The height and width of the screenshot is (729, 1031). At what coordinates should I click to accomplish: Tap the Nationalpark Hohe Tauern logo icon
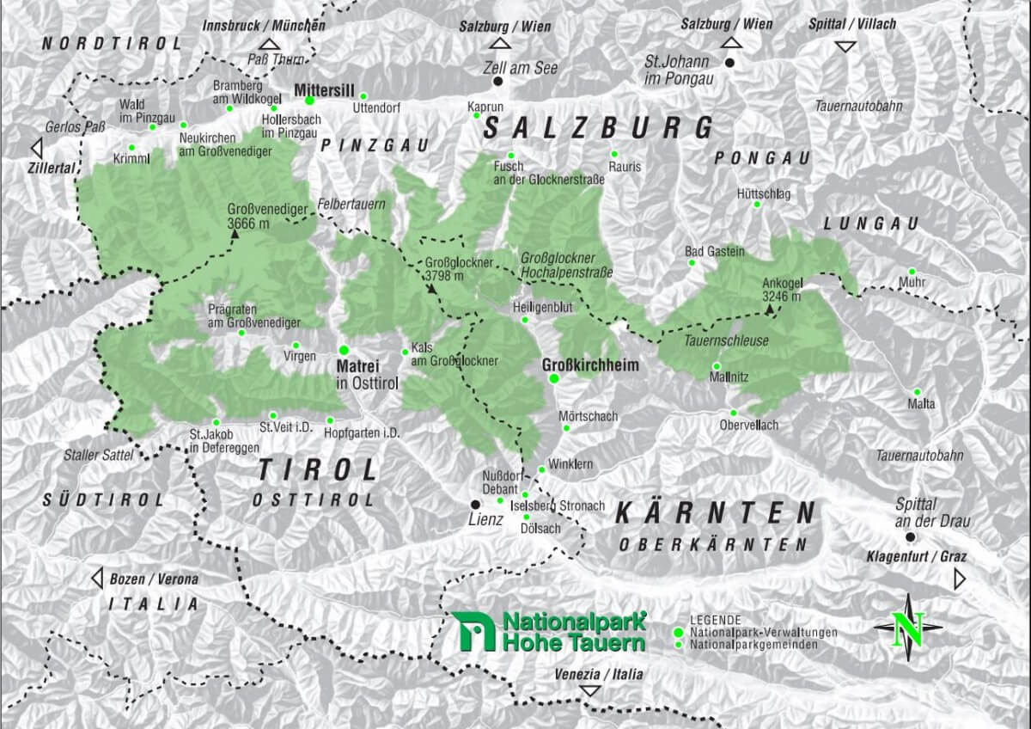[472, 631]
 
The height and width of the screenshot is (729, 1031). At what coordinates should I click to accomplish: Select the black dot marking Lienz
[475, 504]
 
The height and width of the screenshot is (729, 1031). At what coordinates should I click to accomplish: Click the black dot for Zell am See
[497, 81]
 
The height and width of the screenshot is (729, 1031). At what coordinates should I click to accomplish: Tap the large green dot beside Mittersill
[310, 100]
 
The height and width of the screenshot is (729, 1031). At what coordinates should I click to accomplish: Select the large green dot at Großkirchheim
[554, 378]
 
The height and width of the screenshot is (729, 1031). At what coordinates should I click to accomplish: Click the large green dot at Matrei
[344, 350]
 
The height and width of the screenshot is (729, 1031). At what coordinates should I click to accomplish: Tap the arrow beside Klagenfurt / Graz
[959, 581]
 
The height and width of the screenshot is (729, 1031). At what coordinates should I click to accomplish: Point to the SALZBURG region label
[598, 128]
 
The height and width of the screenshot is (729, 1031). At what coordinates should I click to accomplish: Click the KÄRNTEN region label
[714, 514]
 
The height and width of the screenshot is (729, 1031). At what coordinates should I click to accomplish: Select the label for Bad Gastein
[714, 251]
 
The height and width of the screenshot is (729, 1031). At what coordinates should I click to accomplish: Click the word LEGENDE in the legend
[716, 620]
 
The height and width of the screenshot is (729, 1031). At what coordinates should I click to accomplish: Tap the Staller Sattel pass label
[99, 455]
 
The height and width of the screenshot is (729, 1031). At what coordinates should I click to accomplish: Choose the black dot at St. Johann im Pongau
[729, 63]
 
